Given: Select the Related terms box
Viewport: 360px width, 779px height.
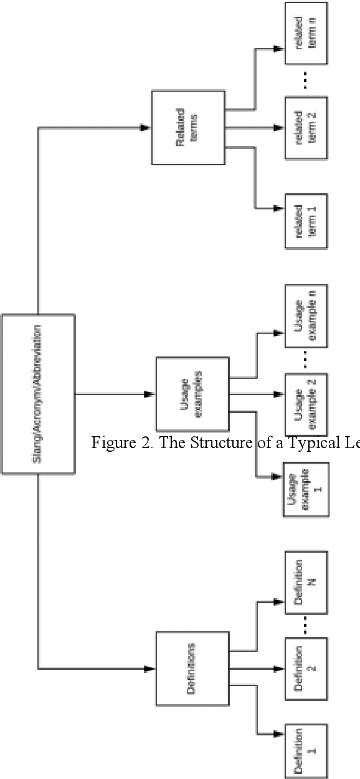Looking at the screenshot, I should click(x=187, y=128).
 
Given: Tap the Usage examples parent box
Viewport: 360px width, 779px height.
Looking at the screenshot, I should click(x=192, y=394).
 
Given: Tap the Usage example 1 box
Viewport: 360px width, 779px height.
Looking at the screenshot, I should click(x=306, y=490).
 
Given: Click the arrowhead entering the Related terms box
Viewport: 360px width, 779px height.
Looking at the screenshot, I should click(x=146, y=128).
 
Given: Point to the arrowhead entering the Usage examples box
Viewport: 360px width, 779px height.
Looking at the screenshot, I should click(x=149, y=394).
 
